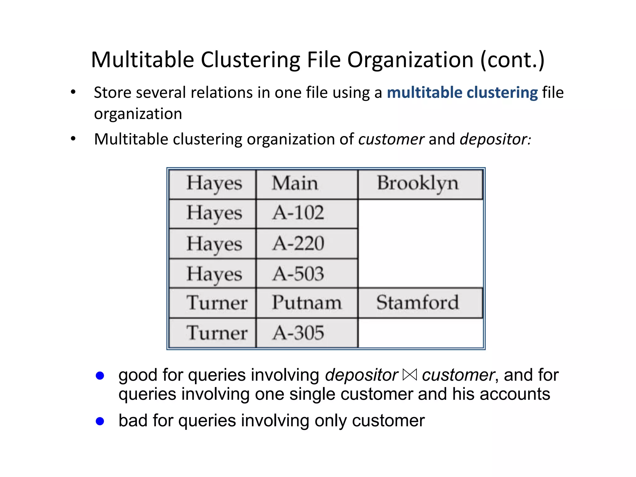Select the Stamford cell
418,302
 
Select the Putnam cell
307,302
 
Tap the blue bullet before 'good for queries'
100,376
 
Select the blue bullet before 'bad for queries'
100,421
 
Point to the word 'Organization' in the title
410,60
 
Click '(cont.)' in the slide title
512,60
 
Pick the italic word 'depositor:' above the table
495,139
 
